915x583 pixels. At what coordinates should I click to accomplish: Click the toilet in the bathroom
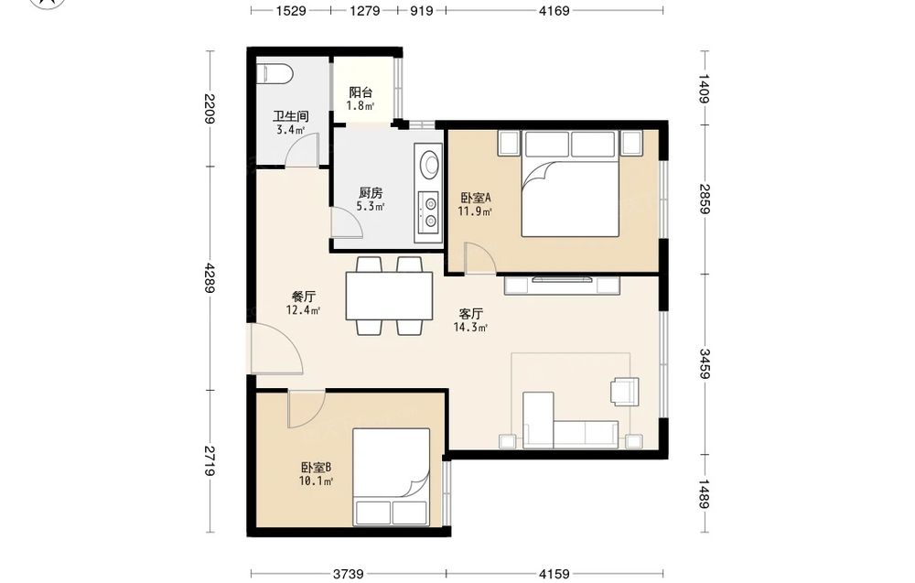pos(274,73)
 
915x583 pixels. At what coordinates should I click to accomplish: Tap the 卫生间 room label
pos(290,117)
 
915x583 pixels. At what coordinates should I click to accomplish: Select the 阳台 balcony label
pos(361,92)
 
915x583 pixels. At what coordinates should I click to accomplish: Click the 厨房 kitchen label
pos(371,192)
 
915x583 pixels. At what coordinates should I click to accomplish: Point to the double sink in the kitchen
pos(430,211)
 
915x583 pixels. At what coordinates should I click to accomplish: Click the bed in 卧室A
pos(569,183)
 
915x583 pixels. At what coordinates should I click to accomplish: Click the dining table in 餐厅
pos(389,296)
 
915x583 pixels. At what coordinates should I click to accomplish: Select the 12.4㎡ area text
pos(303,310)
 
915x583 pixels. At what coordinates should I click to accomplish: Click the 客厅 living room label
pos(471,314)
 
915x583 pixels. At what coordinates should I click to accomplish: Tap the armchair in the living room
pos(625,391)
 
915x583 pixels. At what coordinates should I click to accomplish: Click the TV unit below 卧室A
pos(562,285)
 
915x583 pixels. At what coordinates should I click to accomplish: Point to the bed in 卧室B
pos(391,477)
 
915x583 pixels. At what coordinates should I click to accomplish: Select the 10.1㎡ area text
pos(317,481)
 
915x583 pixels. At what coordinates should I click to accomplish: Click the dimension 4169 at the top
pos(554,10)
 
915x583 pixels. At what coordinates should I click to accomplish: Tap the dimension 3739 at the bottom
pos(349,574)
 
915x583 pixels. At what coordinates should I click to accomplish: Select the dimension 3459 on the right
pos(705,364)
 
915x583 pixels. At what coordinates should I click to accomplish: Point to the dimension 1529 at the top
pos(291,10)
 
